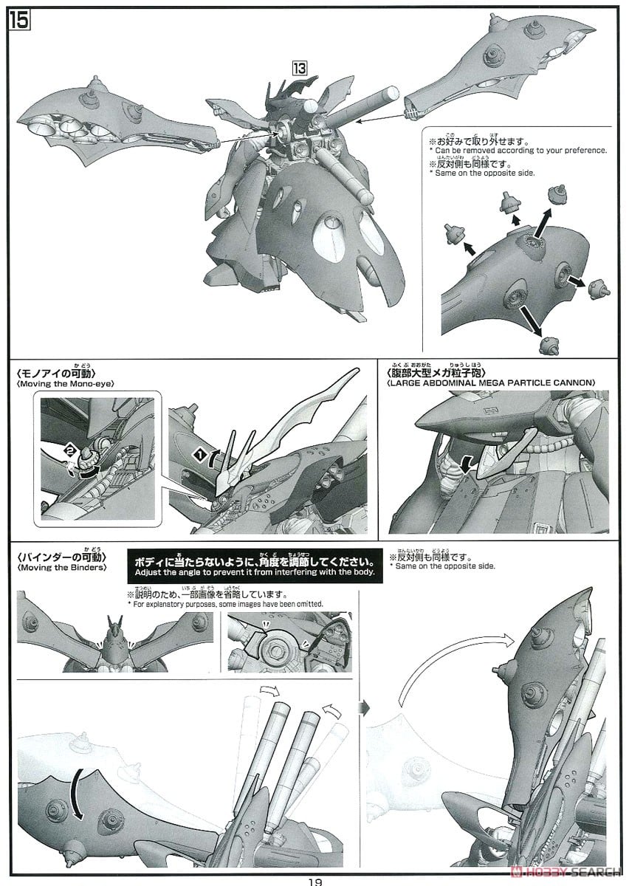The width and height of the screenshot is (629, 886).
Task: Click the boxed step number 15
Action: click(x=19, y=21)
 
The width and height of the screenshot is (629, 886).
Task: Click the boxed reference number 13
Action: click(x=299, y=67)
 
